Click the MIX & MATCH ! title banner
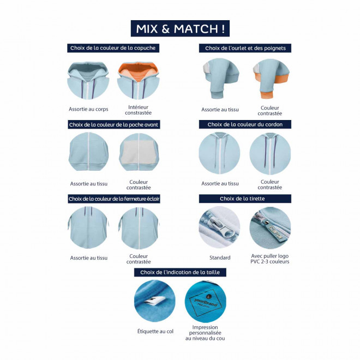click(180, 28)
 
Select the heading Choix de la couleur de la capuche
click(113, 48)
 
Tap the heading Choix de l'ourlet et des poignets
click(245, 48)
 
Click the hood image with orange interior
click(138, 80)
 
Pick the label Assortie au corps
click(88, 109)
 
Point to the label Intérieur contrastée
click(138, 110)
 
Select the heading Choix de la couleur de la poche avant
click(113, 125)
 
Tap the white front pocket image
click(139, 152)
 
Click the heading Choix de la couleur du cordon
click(245, 124)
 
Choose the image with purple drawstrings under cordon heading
click(270, 154)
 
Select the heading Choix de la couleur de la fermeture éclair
click(114, 199)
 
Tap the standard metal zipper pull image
click(219, 227)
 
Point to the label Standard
click(220, 257)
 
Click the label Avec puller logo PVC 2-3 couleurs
click(270, 259)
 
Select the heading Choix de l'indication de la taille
click(180, 272)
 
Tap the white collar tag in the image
click(156, 299)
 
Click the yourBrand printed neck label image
click(206, 301)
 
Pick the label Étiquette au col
click(155, 331)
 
